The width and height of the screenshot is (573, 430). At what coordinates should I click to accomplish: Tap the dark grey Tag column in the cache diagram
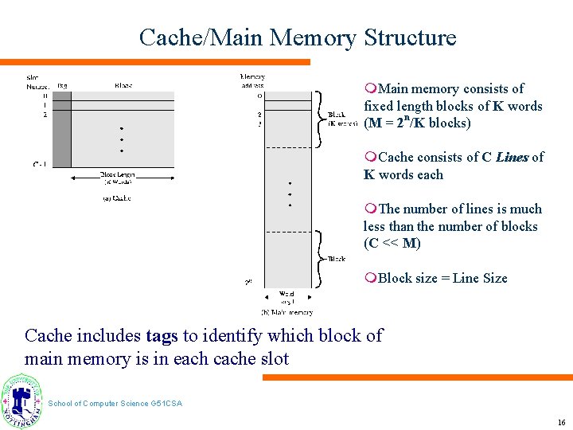pyautogui.click(x=62, y=127)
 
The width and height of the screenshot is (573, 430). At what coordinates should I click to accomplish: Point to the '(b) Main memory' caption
pyautogui.click(x=286, y=312)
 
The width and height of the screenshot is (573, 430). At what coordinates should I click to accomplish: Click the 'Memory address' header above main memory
pyautogui.click(x=252, y=80)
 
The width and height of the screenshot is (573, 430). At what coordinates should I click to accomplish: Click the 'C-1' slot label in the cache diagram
pyautogui.click(x=38, y=164)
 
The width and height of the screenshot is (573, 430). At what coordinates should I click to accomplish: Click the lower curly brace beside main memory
pyautogui.click(x=319, y=258)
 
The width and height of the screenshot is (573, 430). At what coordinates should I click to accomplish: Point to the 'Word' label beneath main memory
pyautogui.click(x=286, y=295)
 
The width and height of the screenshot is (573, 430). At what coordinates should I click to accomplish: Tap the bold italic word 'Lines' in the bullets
pyautogui.click(x=512, y=158)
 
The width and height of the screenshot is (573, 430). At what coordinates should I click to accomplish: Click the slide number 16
pyautogui.click(x=561, y=422)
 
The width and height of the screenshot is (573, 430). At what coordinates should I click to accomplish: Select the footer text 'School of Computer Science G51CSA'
pyautogui.click(x=115, y=404)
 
